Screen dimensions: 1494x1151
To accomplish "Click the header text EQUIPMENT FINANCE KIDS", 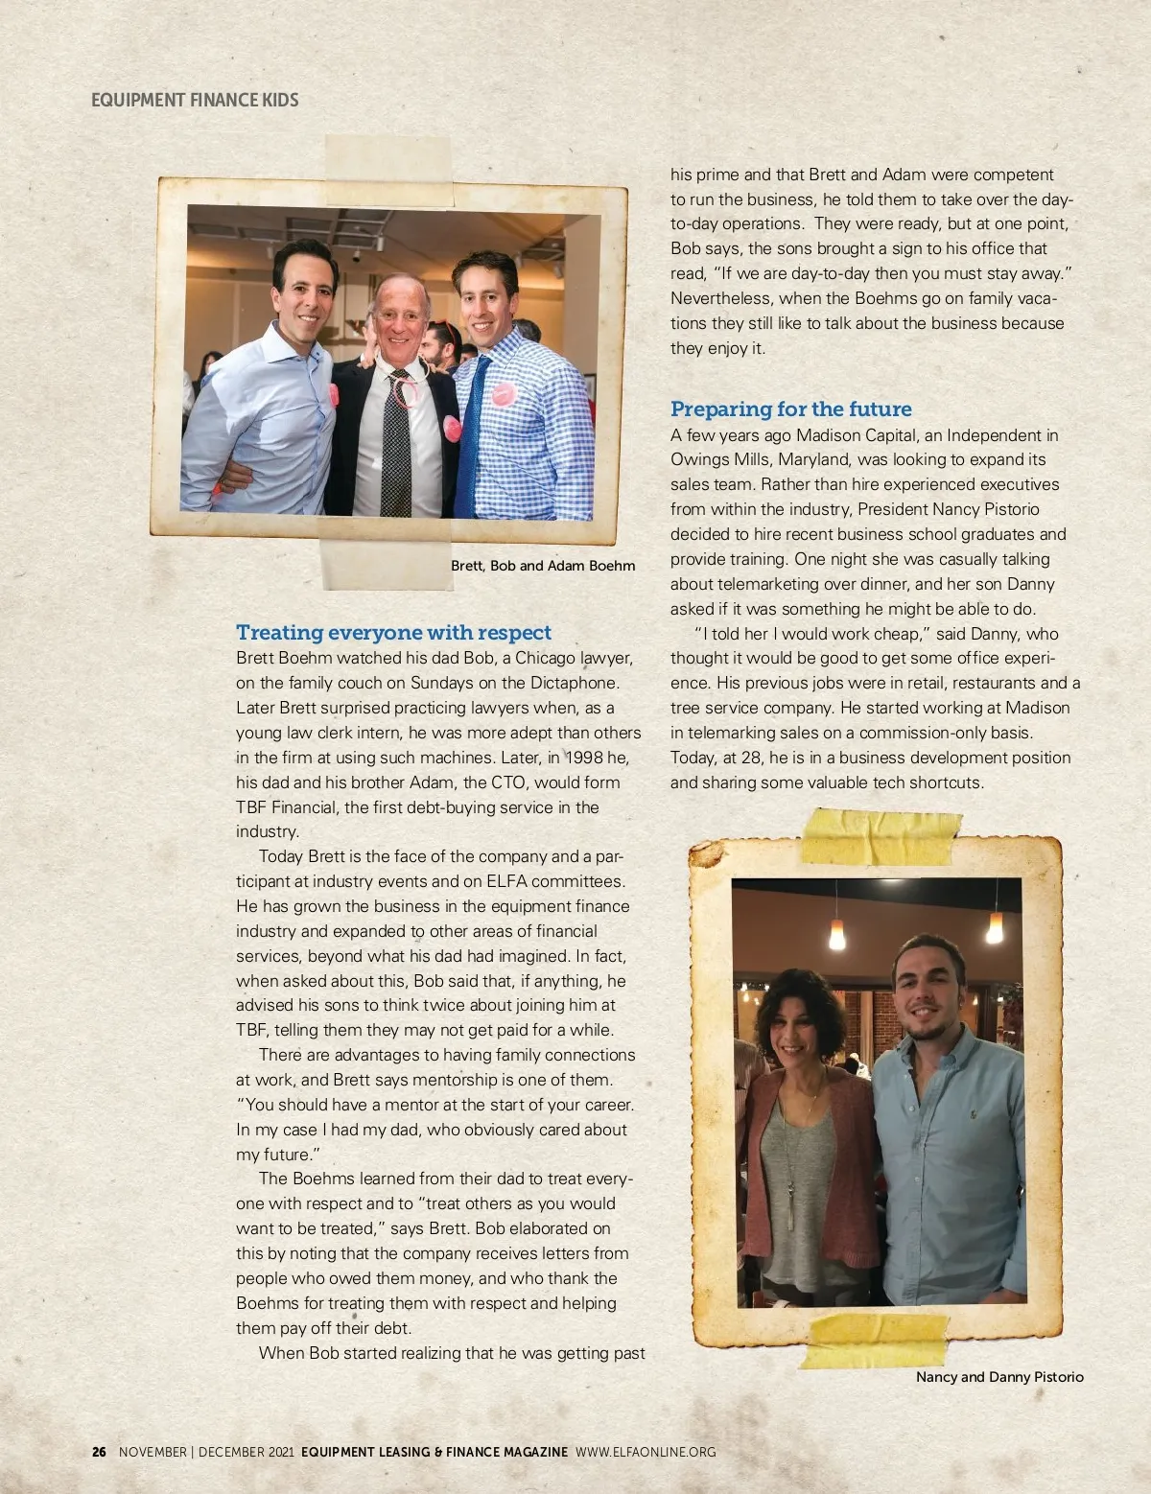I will click(195, 100).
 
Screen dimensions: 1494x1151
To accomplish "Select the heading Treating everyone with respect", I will click(393, 633).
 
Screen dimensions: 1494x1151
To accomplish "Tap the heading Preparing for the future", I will click(790, 409).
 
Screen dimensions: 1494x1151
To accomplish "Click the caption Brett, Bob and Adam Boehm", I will click(543, 566).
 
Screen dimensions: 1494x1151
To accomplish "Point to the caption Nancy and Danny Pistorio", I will click(999, 1377).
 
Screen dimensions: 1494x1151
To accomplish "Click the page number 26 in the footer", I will click(99, 1452).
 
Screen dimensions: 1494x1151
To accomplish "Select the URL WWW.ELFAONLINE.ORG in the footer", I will click(646, 1452).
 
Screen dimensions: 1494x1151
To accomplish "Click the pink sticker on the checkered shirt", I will click(503, 394).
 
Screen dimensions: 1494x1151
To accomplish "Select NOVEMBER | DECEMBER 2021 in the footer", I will click(206, 1452).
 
